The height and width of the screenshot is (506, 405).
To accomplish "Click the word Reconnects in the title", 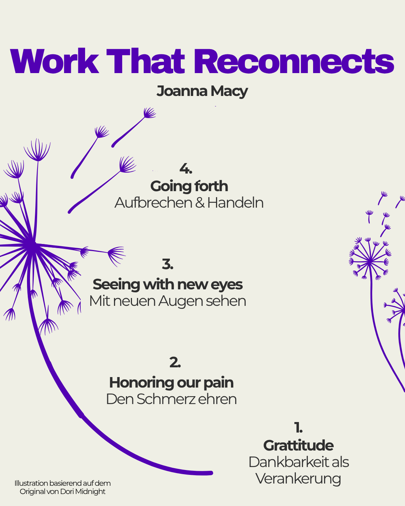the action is pos(294,61).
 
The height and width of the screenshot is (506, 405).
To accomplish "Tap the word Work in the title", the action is pos(54,61).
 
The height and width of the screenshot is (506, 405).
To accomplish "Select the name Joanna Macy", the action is pos(202,91).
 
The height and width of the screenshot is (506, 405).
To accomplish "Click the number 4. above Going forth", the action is pos(186,168).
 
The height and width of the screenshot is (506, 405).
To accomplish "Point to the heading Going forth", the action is pos(189,186).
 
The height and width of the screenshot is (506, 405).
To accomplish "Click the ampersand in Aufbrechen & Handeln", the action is pos(200,203).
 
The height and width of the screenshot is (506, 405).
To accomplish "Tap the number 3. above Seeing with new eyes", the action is pos(168,264).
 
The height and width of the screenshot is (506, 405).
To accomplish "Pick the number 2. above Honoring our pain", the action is pos(175,362).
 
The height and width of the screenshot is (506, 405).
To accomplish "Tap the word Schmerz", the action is pos(166,399).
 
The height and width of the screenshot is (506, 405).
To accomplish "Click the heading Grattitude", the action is pos(298,445).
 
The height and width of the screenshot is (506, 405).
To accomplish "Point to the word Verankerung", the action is pos(298,479).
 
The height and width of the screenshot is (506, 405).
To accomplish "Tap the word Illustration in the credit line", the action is pos(31,484).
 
